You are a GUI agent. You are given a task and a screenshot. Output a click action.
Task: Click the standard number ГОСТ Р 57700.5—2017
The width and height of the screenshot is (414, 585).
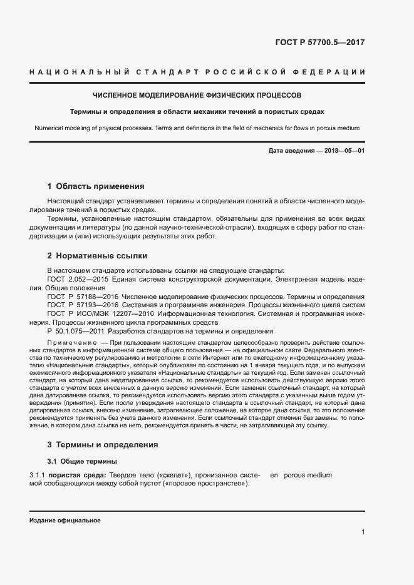point(319,43)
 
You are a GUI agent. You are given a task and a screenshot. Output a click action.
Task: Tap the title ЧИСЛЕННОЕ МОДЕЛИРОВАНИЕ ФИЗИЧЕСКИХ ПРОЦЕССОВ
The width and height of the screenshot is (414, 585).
point(197,96)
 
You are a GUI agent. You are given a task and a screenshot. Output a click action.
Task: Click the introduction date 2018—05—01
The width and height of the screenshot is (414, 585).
point(338,151)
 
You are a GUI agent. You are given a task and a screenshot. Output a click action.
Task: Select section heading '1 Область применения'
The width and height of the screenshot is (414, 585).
point(96,186)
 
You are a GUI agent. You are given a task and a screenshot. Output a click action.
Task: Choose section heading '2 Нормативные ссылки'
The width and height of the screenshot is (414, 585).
point(97,255)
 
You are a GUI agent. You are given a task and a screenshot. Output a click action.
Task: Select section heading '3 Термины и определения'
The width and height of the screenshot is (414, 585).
point(103,445)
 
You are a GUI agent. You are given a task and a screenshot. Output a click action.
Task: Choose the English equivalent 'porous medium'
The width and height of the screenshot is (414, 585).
point(308,476)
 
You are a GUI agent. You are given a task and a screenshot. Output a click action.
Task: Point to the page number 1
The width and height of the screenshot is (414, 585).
point(363,532)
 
